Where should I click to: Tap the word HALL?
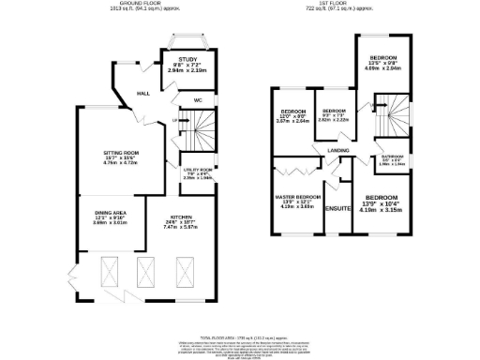(x=143, y=94)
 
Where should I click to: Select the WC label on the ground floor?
(x=199, y=100)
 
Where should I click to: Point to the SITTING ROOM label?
(x=122, y=152)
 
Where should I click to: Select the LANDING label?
(x=338, y=150)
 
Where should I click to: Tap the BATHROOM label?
(x=392, y=157)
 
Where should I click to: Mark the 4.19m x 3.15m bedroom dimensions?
(x=383, y=210)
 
